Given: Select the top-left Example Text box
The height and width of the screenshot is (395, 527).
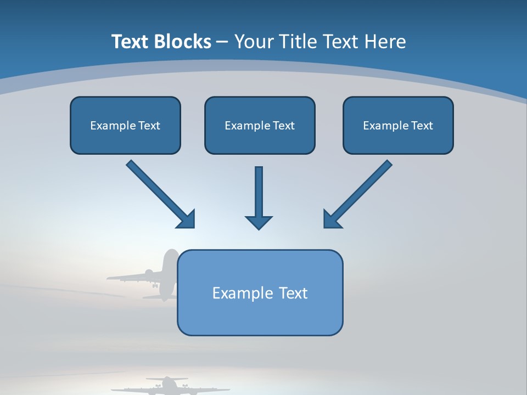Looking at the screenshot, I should click(x=125, y=125).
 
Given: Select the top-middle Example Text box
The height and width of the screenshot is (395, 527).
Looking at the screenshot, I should click(x=260, y=125).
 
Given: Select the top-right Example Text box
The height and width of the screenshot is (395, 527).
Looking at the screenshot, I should click(x=398, y=125).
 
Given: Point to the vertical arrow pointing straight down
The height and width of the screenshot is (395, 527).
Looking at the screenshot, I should click(x=259, y=192).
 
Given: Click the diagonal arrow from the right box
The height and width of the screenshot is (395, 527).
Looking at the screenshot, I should click(x=362, y=190).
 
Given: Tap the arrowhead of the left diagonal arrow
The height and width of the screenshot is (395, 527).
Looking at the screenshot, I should click(x=187, y=219).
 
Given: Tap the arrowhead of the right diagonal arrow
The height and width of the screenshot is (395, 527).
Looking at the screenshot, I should click(x=332, y=219).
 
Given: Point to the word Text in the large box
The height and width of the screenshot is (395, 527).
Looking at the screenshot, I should click(x=294, y=293).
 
